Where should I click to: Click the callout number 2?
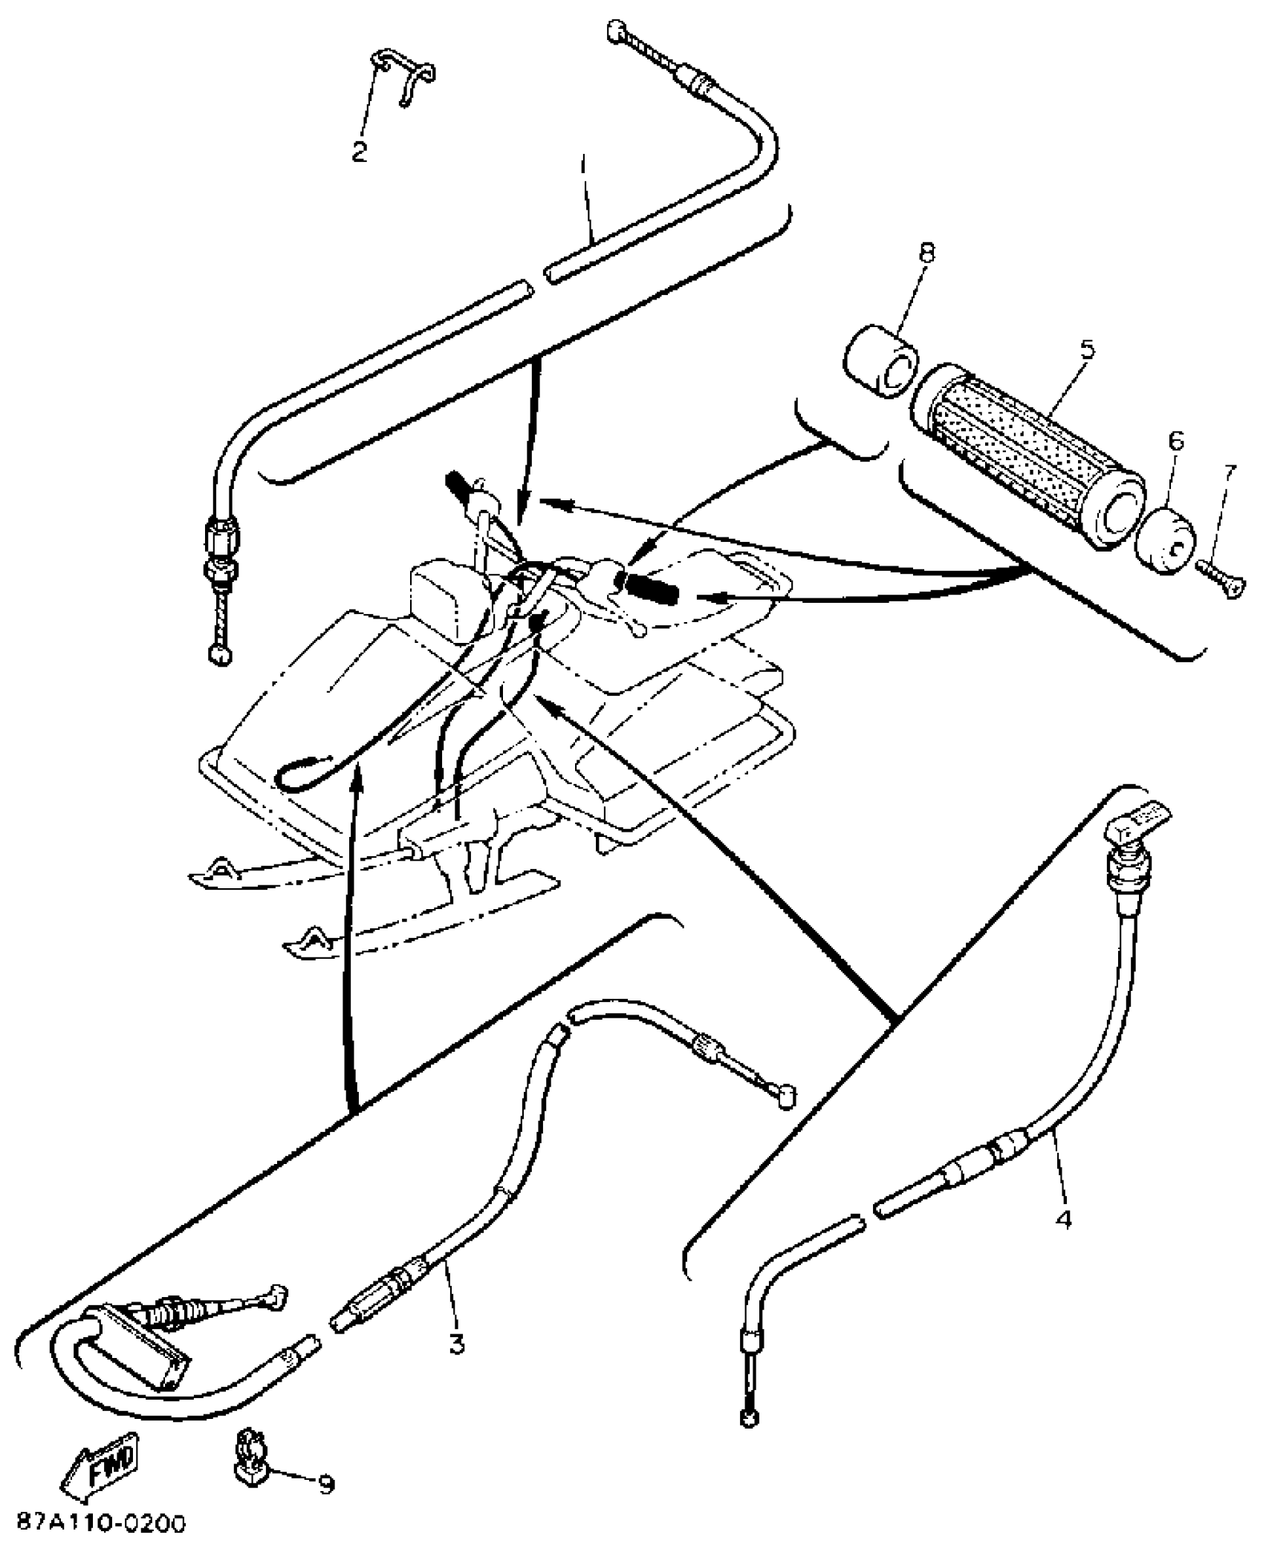point(359,152)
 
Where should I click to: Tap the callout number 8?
point(926,253)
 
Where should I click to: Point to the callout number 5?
point(1088,349)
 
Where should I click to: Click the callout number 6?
point(1175,442)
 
